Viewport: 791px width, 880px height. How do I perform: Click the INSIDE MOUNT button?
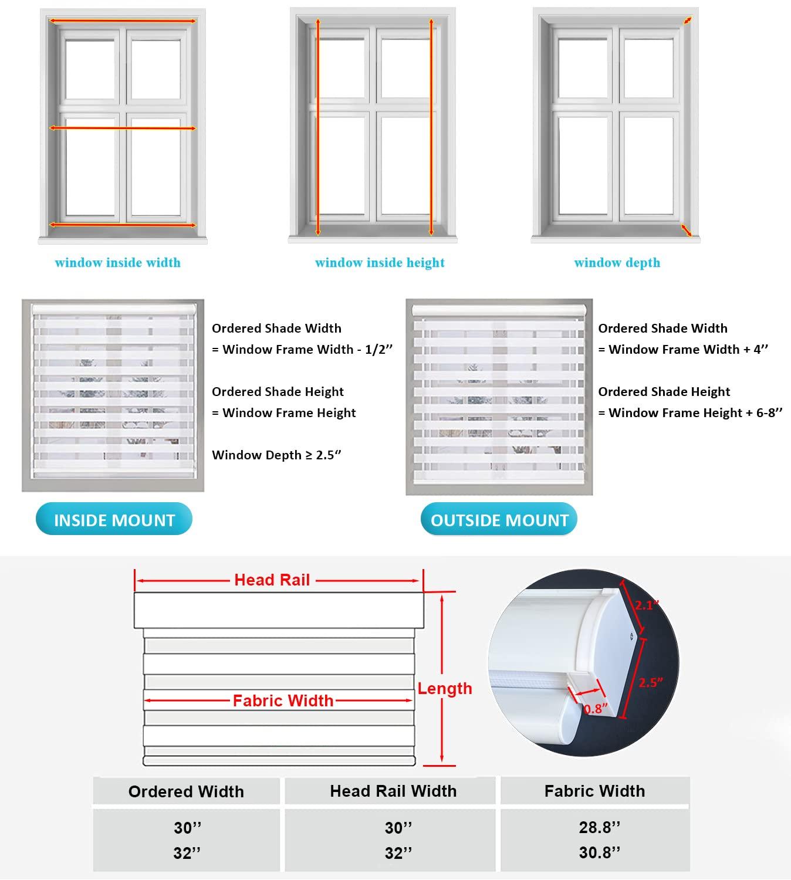coord(114,520)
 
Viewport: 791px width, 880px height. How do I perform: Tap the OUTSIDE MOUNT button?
coord(499,520)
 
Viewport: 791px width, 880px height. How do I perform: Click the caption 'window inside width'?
coord(117,263)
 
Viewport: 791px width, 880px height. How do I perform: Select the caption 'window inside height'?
coord(380,263)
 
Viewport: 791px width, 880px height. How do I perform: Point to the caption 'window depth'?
coord(617,263)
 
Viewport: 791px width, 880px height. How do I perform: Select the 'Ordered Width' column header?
coord(186,791)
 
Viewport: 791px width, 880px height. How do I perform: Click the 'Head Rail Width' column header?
coord(393,791)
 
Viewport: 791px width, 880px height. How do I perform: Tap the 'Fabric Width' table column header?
coord(594,791)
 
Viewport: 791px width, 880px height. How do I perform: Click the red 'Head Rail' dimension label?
coord(272,580)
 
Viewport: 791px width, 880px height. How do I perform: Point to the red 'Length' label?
coord(445,688)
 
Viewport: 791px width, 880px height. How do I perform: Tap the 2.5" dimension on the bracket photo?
coord(651,682)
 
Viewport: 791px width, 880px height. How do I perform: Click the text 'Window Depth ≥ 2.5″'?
coord(276,455)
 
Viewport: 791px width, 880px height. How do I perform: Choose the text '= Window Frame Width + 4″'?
coord(683,350)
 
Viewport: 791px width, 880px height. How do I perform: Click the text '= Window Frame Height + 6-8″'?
coord(690,413)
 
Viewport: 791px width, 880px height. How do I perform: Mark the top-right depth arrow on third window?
coord(687,21)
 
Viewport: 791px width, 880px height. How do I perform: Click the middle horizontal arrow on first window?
coord(122,128)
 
